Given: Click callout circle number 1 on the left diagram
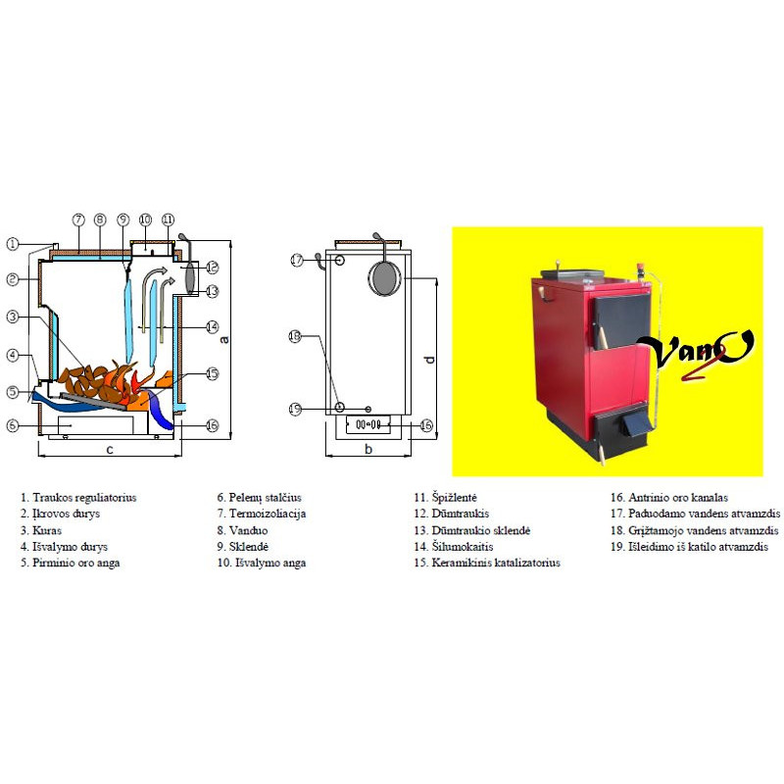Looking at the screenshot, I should click(x=12, y=243).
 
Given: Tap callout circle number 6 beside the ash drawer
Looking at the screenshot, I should click(x=12, y=425).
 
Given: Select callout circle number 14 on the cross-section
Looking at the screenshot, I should click(x=211, y=326).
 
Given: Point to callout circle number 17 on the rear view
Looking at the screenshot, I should click(x=297, y=260).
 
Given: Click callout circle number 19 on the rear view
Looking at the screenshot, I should click(x=297, y=409).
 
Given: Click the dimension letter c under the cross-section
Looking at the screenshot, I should click(x=110, y=451).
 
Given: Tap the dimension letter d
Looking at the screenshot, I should click(x=428, y=360).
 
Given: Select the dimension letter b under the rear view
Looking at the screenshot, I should click(x=367, y=450).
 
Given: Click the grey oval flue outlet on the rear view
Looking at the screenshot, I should click(x=383, y=278).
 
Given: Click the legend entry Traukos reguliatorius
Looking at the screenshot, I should click(x=83, y=498).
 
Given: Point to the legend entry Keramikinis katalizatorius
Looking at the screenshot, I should click(x=486, y=563).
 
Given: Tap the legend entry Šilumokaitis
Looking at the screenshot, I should click(x=454, y=547).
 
